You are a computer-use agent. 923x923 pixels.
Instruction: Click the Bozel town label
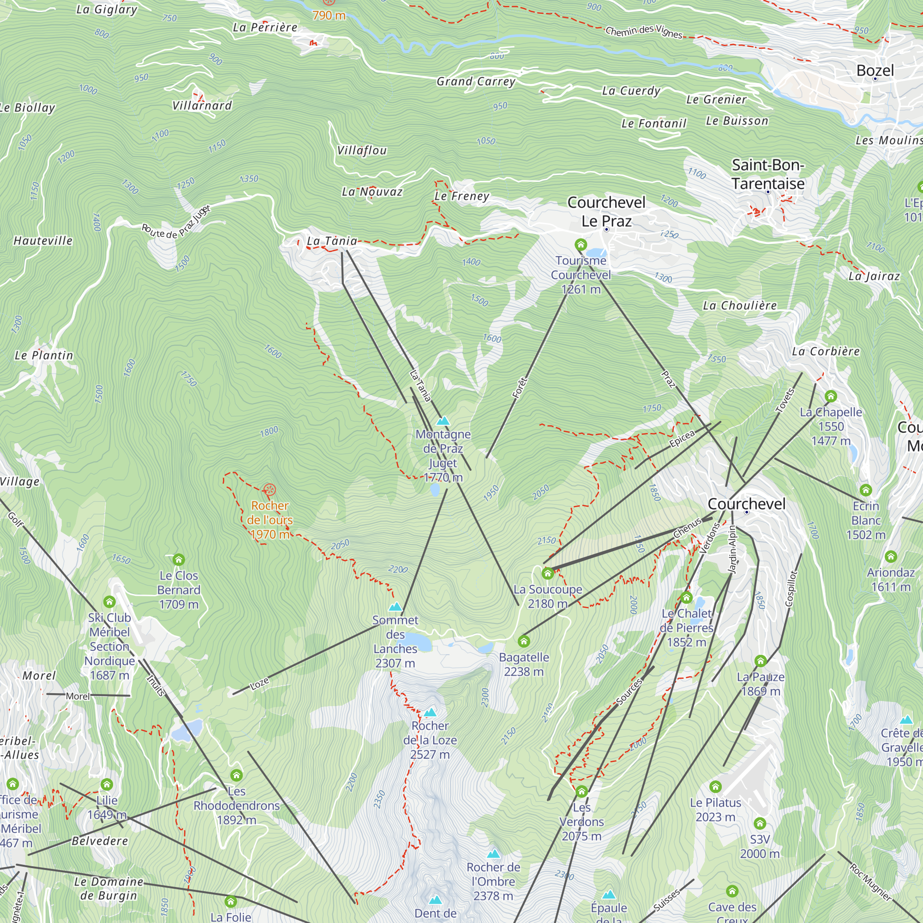875,71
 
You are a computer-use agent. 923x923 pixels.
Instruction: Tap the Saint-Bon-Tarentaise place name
768,174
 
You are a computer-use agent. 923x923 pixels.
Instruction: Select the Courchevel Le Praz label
606,212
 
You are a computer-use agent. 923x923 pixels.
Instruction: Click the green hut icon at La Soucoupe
547,573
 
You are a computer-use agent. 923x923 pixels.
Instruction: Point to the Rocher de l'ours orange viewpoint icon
270,490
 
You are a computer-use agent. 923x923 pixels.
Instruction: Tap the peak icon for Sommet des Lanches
395,607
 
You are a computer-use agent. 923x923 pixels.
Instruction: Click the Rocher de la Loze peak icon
430,712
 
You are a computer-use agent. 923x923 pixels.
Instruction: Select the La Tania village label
331,241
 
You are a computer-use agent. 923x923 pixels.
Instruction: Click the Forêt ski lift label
519,388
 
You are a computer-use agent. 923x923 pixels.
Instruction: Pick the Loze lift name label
259,684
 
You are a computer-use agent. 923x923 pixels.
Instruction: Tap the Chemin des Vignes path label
643,31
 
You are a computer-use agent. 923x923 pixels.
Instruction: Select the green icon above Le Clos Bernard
179,559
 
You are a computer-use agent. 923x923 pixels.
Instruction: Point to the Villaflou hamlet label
362,150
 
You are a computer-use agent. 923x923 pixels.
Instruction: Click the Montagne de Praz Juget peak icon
444,421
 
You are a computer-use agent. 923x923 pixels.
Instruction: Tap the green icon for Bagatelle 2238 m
524,641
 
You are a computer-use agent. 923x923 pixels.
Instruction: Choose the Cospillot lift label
791,588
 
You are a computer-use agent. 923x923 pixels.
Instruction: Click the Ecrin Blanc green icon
866,490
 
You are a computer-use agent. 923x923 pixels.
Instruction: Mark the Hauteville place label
43,241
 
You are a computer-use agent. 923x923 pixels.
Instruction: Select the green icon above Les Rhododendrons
236,775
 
